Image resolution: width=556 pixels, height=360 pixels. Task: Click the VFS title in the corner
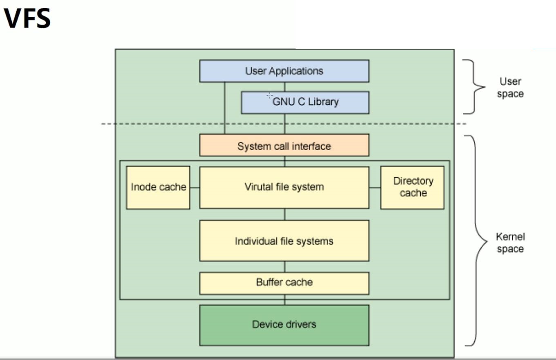tap(27, 18)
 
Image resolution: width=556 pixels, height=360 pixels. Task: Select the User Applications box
tap(284, 71)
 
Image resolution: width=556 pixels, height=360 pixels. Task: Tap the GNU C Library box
tap(305, 102)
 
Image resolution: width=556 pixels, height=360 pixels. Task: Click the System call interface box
tap(284, 146)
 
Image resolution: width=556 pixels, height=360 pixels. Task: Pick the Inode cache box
tap(158, 187)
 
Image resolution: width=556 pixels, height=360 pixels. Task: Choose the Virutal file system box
tap(284, 187)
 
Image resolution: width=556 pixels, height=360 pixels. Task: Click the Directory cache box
tap(413, 187)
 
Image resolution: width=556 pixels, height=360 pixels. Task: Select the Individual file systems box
tap(284, 241)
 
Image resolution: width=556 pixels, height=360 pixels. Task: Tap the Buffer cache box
tap(284, 283)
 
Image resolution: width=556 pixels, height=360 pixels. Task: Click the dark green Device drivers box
tap(284, 325)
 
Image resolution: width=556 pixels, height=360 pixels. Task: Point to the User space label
tap(510, 88)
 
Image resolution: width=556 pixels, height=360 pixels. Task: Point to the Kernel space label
tap(510, 243)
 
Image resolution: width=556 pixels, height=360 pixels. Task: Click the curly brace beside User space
tap(474, 87)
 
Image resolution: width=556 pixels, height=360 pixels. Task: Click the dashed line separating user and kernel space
tap(164, 124)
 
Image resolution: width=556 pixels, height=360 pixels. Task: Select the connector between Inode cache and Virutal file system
tap(195, 188)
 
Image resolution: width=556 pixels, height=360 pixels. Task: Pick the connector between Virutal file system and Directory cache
tap(374, 188)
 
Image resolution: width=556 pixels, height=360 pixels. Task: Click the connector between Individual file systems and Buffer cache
tap(285, 267)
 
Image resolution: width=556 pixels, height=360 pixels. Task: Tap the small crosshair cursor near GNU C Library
tap(269, 95)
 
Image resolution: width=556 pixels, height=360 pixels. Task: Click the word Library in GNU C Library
tap(323, 101)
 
